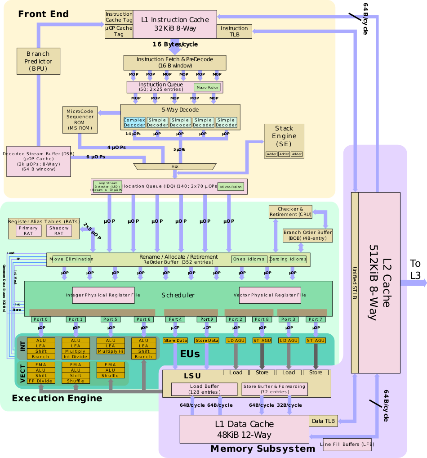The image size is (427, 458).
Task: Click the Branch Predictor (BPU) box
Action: coord(38,61)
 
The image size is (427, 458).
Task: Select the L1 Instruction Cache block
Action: coord(175,24)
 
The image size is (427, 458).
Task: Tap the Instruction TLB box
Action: coord(234,31)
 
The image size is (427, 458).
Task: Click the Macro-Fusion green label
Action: coord(207,87)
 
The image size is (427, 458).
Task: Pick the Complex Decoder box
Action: coord(134,122)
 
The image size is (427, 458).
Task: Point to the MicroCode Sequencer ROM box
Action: coord(80,120)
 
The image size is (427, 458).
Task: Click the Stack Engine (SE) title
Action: coord(284,136)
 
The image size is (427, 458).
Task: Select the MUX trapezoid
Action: coord(175,166)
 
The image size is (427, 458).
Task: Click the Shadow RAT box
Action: coord(59,230)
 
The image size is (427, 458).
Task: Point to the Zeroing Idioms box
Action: coord(288,259)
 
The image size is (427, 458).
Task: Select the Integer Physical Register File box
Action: coord(103,295)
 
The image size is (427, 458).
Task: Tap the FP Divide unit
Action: coord(40,381)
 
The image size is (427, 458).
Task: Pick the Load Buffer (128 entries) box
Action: coord(204,389)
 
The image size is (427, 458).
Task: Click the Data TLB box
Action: coord(323,421)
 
